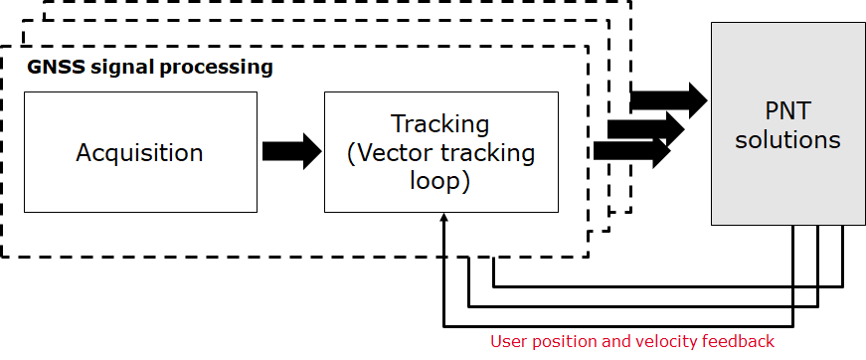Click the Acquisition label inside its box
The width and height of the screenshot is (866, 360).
(139, 153)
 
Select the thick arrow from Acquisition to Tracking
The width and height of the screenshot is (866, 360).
(291, 151)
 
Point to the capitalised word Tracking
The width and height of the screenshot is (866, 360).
(439, 124)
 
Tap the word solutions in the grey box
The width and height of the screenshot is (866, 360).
(787, 139)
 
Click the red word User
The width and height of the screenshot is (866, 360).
(508, 342)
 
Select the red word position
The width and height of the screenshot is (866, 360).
(564, 342)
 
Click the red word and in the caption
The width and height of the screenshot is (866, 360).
(615, 342)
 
